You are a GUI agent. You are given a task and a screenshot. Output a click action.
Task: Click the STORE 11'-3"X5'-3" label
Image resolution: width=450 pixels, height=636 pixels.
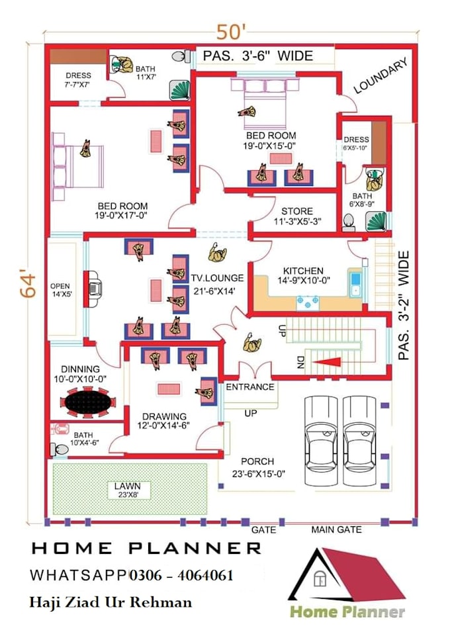[297, 216]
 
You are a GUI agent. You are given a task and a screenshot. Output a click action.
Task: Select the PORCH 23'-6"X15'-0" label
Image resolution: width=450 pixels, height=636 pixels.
[257, 467]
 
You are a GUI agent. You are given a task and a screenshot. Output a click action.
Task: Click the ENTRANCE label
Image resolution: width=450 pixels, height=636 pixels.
[250, 386]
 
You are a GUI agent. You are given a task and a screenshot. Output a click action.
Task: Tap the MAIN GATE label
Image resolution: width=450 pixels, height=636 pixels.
[337, 529]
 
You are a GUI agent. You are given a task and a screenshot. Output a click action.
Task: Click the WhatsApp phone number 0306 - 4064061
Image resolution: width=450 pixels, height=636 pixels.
[181, 576]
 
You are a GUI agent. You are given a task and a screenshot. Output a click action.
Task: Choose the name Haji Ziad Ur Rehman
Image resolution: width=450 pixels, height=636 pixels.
[111, 602]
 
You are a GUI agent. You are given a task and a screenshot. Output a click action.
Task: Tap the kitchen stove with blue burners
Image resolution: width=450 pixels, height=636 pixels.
[308, 302]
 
